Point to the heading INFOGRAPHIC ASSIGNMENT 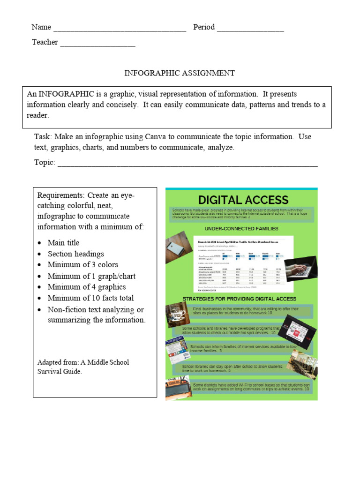pyautogui.click(x=179, y=73)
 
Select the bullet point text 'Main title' pyautogui.click(x=63, y=243)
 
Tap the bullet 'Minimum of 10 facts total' pyautogui.click(x=90, y=298)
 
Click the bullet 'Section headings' pyautogui.click(x=75, y=254)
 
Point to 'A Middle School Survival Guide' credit pyautogui.click(x=82, y=367)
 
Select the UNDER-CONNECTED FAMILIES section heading pyautogui.click(x=241, y=229)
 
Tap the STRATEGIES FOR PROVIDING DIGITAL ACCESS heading pyautogui.click(x=239, y=299)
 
